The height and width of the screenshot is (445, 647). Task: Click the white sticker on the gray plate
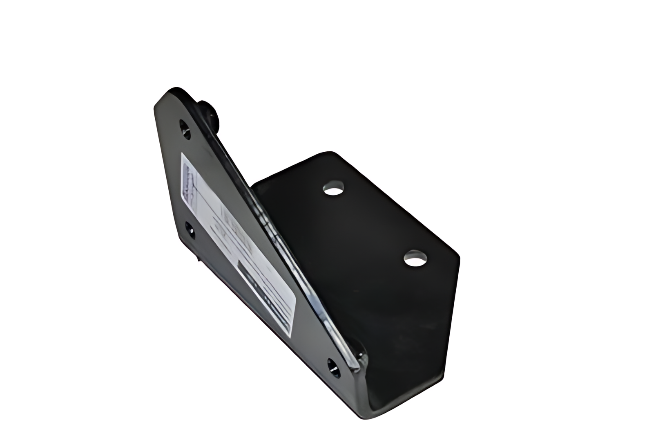[237, 241]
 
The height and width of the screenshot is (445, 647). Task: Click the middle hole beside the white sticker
[190, 229]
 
